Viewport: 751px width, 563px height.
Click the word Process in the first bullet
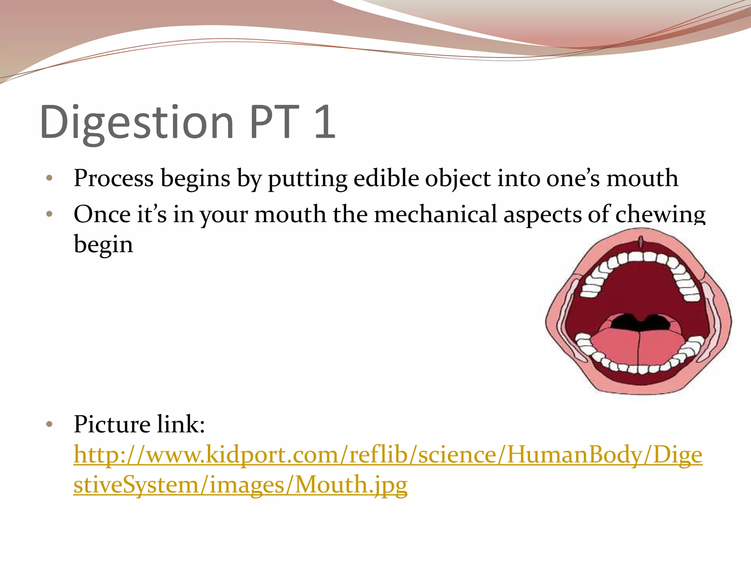point(114,179)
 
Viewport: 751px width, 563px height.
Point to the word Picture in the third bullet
point(112,424)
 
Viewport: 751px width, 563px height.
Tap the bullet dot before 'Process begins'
point(50,179)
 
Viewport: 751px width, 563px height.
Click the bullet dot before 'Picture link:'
point(50,425)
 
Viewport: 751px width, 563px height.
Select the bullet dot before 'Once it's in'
point(50,214)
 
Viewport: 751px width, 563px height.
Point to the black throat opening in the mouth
point(640,322)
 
